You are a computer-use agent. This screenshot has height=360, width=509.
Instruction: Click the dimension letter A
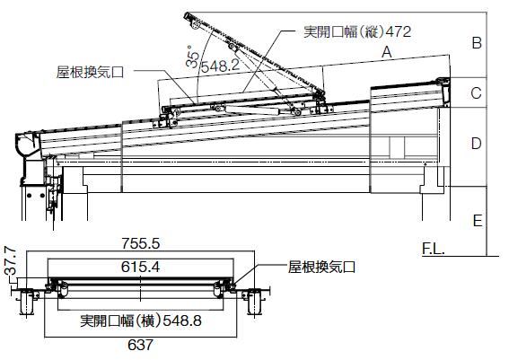(x=386, y=52)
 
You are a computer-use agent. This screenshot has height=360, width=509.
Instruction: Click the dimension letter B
(x=477, y=43)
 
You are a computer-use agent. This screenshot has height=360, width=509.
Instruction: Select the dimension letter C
(x=476, y=93)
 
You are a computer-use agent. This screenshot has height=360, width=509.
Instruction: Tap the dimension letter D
(x=476, y=143)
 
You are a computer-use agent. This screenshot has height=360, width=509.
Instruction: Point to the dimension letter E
(x=478, y=221)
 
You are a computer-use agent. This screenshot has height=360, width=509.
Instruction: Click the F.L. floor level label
(x=433, y=249)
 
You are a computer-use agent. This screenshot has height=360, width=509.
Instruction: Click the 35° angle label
(x=192, y=57)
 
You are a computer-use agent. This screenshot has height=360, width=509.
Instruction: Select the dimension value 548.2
(x=220, y=66)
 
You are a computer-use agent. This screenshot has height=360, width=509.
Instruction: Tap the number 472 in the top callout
(x=398, y=31)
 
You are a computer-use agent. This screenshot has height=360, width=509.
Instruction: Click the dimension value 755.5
(x=141, y=243)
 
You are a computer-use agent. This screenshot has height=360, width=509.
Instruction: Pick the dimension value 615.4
(x=140, y=268)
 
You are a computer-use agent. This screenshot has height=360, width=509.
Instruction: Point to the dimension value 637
(x=140, y=345)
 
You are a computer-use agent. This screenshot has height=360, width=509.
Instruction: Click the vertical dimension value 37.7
(x=11, y=260)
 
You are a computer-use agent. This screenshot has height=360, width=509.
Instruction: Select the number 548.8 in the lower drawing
(x=182, y=320)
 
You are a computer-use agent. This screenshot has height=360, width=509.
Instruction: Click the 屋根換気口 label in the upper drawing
(x=90, y=72)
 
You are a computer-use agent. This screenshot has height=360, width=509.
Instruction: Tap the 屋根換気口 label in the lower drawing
(x=321, y=268)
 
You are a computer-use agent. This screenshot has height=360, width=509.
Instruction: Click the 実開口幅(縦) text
(x=344, y=31)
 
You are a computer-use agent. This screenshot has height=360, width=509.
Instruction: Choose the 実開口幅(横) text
(x=121, y=320)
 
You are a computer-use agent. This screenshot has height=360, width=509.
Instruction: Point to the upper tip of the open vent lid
(x=187, y=14)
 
